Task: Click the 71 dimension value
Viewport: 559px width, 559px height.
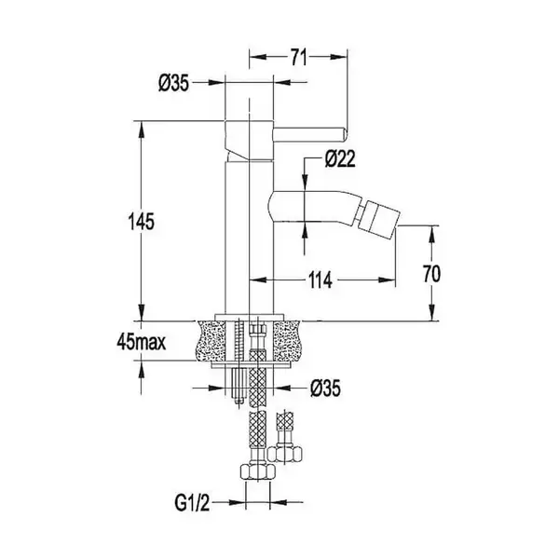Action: (298, 57)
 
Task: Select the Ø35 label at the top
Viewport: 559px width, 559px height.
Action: (173, 84)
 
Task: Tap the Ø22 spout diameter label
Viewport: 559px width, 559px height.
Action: (340, 159)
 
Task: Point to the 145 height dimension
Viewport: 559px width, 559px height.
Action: (142, 222)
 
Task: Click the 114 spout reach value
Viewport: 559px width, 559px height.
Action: (320, 279)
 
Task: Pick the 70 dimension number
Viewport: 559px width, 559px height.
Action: (431, 274)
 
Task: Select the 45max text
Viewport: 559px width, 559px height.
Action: (142, 342)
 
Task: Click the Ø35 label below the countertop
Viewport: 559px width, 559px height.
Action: (325, 389)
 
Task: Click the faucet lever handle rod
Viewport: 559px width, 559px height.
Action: (309, 134)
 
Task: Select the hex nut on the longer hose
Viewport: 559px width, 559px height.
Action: (257, 471)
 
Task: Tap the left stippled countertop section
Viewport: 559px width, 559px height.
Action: (211, 341)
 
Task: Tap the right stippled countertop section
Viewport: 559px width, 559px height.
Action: (285, 341)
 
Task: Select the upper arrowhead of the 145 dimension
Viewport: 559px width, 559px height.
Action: (142, 130)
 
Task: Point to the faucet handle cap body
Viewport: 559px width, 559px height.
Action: (249, 140)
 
